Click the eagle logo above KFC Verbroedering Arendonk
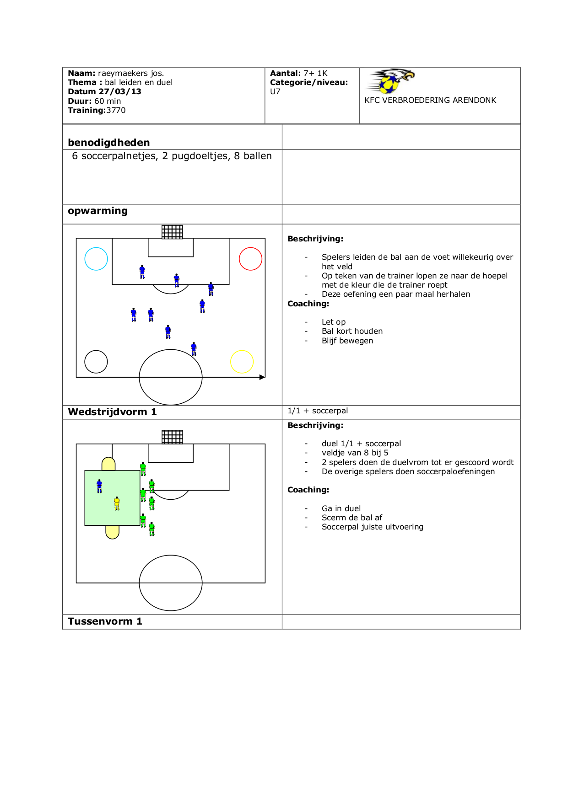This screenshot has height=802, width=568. click(392, 81)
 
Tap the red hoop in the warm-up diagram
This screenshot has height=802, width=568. click(250, 259)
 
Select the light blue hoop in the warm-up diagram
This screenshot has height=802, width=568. click(96, 259)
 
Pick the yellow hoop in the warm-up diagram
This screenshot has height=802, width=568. click(242, 362)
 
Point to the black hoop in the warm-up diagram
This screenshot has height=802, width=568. click(96, 362)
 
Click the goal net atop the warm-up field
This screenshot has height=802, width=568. click(172, 232)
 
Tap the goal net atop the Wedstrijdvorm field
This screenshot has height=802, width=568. click(172, 437)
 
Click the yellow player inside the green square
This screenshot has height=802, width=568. click(117, 503)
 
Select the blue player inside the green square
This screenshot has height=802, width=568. click(99, 486)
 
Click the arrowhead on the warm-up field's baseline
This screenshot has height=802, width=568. click(262, 377)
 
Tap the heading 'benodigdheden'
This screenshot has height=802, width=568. click(108, 143)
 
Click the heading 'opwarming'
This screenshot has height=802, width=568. click(97, 211)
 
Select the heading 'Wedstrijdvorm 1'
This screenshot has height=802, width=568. click(112, 412)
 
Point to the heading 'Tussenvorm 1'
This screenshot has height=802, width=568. click(105, 621)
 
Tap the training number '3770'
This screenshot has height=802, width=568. click(116, 110)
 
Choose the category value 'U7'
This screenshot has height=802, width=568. click(275, 91)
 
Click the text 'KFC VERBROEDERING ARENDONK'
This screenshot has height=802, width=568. click(430, 100)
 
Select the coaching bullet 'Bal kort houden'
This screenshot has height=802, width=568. click(352, 331)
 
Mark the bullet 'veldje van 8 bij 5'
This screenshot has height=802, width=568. click(355, 453)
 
